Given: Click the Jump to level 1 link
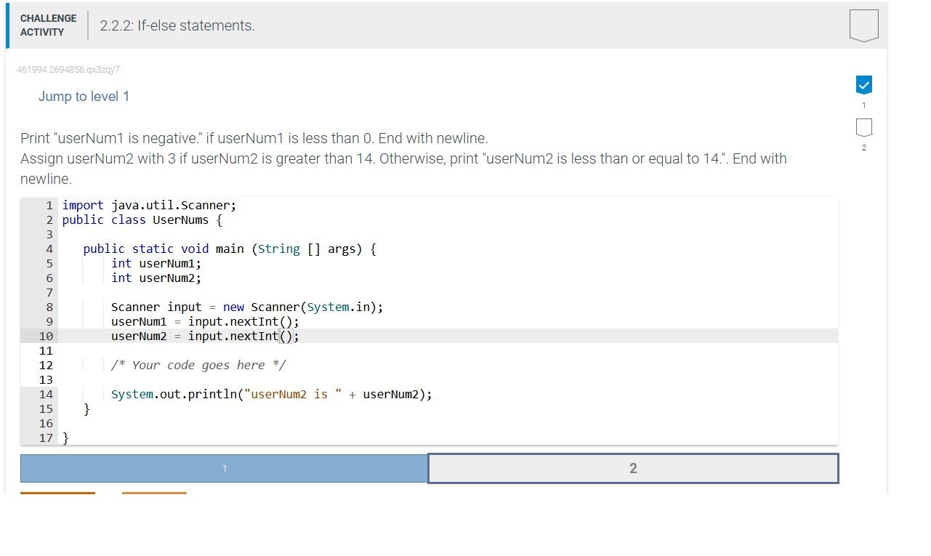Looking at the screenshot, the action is click(84, 97).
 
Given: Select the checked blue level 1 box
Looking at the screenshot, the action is click(863, 85).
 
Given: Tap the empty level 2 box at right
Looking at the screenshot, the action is click(863, 127).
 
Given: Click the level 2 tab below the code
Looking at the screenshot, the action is click(633, 469).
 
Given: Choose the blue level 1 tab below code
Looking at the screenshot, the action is click(225, 469).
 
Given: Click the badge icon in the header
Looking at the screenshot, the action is click(863, 25).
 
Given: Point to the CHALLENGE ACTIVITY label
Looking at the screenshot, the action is click(48, 25).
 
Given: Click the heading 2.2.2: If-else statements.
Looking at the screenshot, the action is click(177, 25).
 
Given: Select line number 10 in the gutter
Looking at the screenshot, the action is click(46, 337).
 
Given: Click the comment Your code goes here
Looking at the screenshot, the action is click(198, 366).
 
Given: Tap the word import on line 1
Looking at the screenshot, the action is click(83, 206).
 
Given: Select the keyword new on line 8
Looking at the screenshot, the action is click(233, 307).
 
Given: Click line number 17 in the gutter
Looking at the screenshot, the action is click(46, 438).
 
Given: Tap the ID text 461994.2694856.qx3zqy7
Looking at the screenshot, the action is click(68, 70).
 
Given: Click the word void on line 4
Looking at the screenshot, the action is click(195, 249).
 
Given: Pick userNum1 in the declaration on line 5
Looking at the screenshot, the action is click(167, 264).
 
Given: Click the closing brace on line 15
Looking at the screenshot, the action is click(86, 409).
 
